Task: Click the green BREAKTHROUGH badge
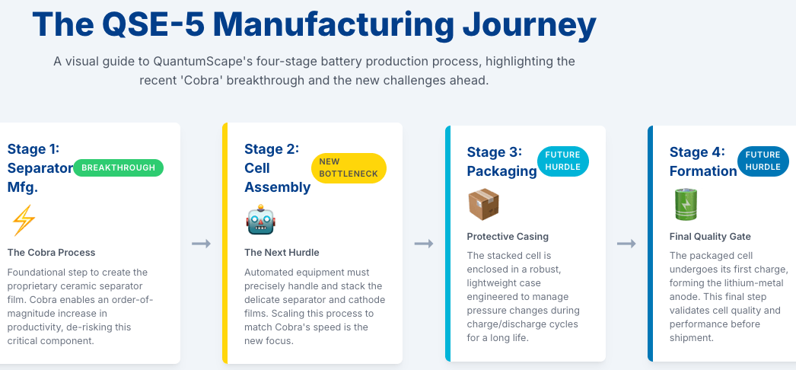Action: (x=119, y=167)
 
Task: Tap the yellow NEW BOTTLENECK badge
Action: (x=349, y=168)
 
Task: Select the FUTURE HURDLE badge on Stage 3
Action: (x=563, y=161)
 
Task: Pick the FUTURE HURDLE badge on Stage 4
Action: (x=763, y=161)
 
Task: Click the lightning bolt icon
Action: (x=24, y=221)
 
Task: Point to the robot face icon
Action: (x=259, y=221)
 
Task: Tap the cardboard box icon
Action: (x=483, y=205)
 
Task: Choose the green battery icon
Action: (x=685, y=205)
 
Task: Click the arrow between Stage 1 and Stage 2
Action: (x=201, y=244)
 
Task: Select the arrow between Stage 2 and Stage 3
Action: (x=424, y=244)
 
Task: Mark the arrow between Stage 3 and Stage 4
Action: (x=626, y=244)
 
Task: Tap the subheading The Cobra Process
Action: (x=52, y=252)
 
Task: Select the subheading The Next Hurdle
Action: (x=282, y=252)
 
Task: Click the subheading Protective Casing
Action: (x=508, y=236)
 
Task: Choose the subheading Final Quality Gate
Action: (x=710, y=236)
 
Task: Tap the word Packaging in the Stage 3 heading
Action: (x=501, y=171)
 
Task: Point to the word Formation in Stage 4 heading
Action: (x=703, y=171)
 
